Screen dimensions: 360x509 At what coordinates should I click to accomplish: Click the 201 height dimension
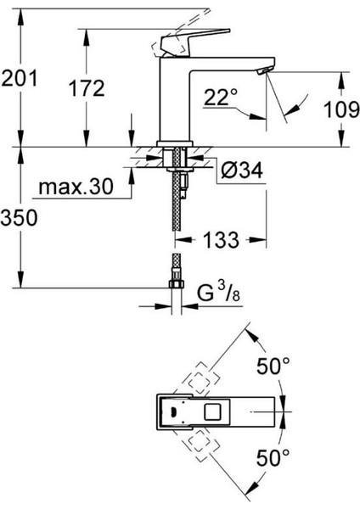[x=20, y=78]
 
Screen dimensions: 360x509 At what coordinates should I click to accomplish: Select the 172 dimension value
[x=87, y=88]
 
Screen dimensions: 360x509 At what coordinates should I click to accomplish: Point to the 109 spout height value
[x=342, y=109]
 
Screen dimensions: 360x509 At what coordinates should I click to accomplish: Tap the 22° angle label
[x=221, y=97]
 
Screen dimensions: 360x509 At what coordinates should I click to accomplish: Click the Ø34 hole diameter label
[x=241, y=170]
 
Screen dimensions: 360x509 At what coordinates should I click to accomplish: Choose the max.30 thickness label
[x=76, y=187]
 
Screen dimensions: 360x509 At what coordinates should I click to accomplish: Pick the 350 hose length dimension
[x=19, y=217]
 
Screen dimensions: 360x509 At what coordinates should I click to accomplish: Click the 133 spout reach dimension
[x=222, y=240]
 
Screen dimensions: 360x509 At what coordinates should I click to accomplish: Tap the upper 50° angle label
[x=273, y=366]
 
